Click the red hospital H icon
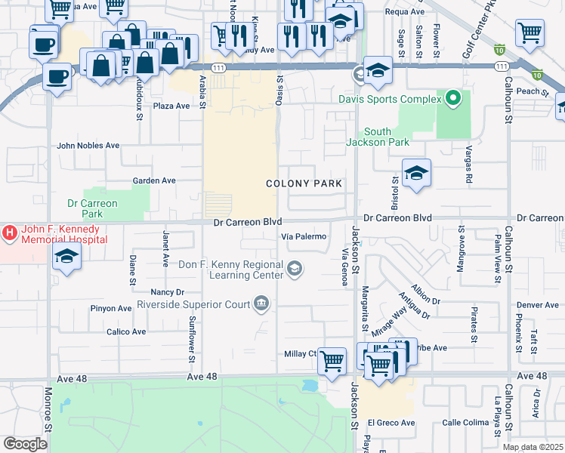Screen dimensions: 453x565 click(9, 234)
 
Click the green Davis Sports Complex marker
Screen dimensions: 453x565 click(452, 98)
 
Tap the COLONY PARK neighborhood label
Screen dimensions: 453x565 click(304, 183)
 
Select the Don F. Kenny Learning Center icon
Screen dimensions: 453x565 click(295, 267)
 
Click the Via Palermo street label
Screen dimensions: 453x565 click(304, 236)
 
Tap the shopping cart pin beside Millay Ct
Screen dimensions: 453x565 click(332, 360)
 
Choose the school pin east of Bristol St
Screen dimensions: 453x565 click(416, 173)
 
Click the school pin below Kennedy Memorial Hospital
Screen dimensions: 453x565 click(67, 257)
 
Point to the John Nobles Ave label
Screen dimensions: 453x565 click(88, 145)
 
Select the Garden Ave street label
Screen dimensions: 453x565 click(154, 180)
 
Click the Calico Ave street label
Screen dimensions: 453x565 click(126, 331)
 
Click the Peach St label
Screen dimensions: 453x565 click(532, 91)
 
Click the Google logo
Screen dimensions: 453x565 click(25, 444)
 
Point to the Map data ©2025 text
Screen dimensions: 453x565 click(532, 447)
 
